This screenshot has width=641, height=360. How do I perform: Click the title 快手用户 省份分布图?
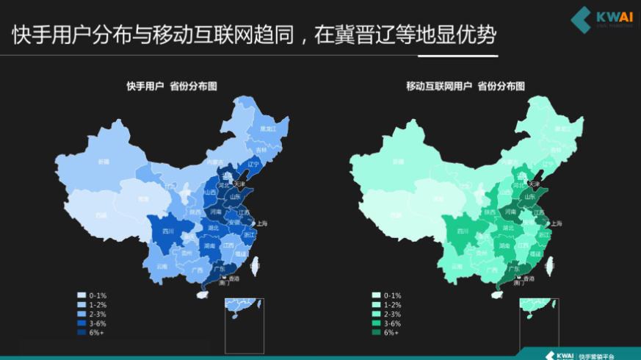tap(171, 86)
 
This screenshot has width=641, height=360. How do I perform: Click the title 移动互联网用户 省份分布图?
tap(466, 86)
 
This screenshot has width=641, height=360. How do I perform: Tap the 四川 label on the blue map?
tap(168, 231)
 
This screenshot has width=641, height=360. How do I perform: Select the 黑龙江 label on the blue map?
tap(268, 129)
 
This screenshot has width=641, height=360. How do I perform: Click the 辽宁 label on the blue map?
tap(254, 163)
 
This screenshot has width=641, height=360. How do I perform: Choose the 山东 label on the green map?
tap(528, 196)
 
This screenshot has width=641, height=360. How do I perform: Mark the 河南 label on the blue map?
tap(216, 212)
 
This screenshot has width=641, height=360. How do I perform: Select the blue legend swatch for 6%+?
tap(81, 332)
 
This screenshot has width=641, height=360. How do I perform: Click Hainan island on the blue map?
tap(200, 294)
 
